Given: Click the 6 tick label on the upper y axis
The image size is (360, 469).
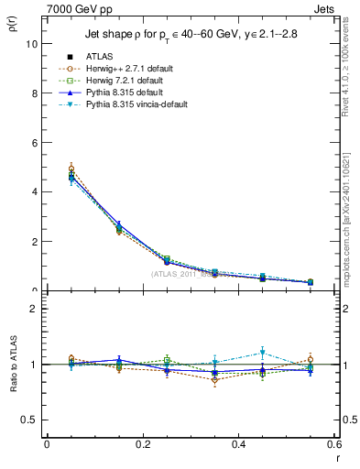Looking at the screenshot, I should pyautogui.click(x=36, y=143).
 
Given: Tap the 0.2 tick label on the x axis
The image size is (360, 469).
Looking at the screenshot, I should pyautogui.click(x=142, y=444).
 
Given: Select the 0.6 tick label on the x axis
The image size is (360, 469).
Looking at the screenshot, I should pyautogui.click(x=334, y=444).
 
